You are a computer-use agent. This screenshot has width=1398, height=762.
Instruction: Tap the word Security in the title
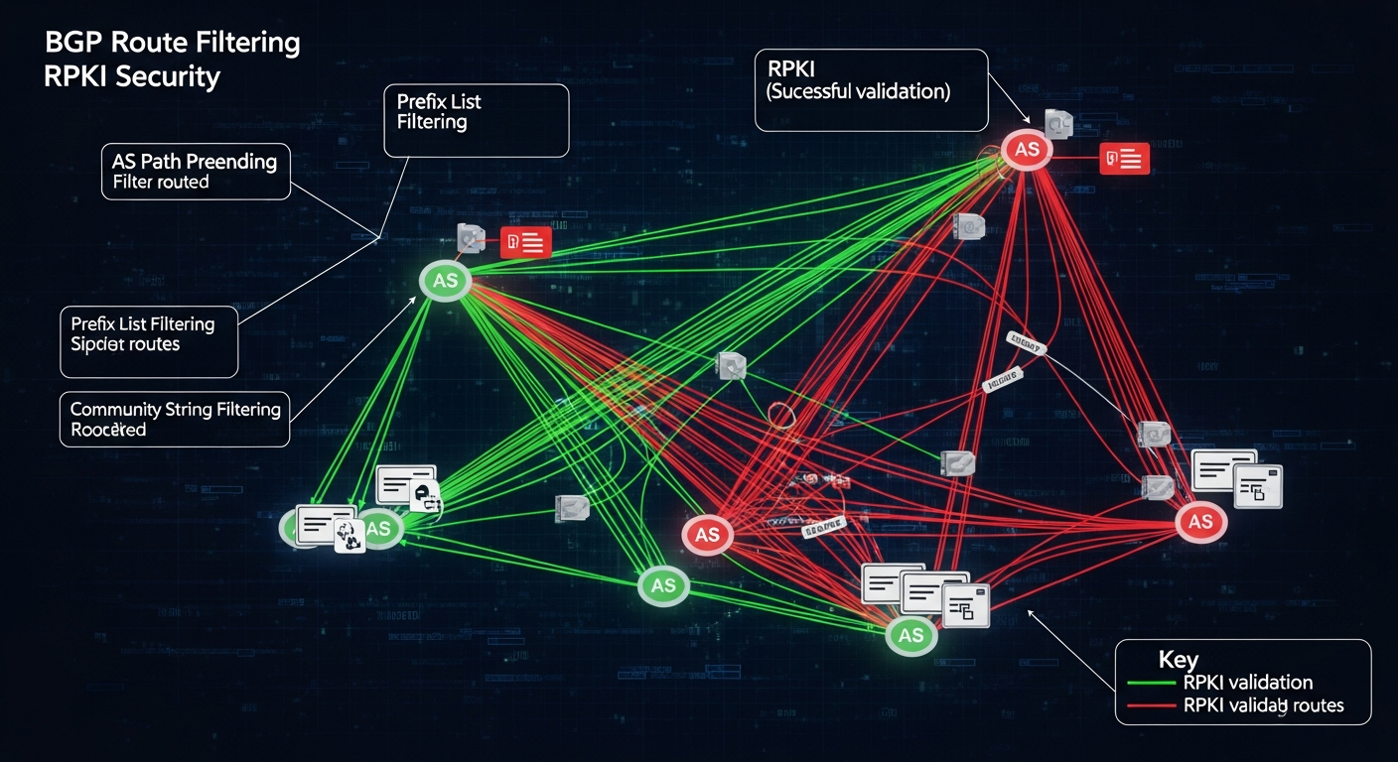[x=167, y=77]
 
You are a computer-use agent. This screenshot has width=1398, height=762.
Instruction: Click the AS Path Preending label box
[x=195, y=171]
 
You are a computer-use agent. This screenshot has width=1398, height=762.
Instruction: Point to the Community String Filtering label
[x=175, y=409]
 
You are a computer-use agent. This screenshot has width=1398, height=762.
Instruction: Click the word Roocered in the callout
[x=108, y=430]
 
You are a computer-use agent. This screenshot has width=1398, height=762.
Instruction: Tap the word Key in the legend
[x=1178, y=660]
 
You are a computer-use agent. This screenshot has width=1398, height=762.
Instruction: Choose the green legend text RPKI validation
[x=1248, y=683]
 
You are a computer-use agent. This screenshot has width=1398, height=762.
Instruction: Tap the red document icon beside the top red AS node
[x=1125, y=158]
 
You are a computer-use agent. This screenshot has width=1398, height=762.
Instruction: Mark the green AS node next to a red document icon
[x=445, y=281]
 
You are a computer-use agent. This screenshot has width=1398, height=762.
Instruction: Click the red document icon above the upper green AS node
[x=525, y=241]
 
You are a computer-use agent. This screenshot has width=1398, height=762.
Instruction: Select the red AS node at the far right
[x=1199, y=522]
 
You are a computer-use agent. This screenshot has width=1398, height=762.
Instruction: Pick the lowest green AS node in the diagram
[x=910, y=636]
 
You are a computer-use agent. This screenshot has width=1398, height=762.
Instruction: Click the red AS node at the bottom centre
[x=707, y=535]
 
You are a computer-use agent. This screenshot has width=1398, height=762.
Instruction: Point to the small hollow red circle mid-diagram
[x=781, y=415]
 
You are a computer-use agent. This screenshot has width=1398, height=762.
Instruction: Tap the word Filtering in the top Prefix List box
[x=432, y=122]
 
